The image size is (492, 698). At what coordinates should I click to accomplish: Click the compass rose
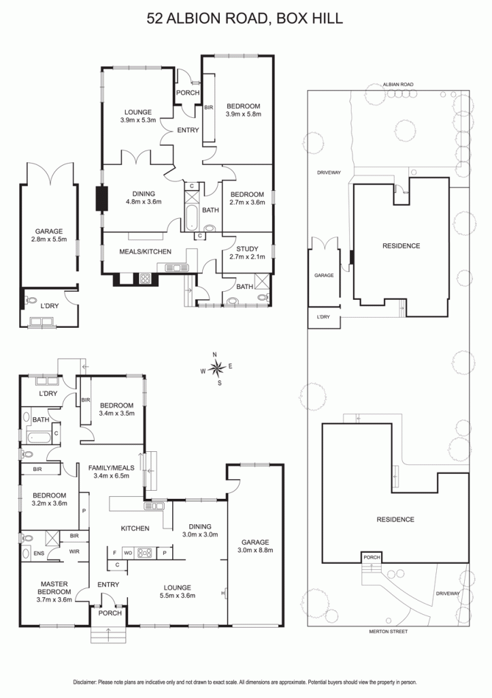click(216, 368)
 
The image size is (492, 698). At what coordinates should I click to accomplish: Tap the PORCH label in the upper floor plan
click(188, 93)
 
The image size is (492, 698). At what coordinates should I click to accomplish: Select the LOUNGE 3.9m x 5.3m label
click(138, 116)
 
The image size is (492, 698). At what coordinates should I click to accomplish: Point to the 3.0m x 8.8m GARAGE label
click(255, 546)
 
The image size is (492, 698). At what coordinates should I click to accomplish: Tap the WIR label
click(74, 551)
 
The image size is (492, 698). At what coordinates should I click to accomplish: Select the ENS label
click(39, 553)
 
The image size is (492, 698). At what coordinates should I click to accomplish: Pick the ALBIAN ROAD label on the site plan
click(398, 84)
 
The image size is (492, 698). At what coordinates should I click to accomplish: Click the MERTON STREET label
click(388, 631)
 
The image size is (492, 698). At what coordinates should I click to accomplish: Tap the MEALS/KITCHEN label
click(146, 252)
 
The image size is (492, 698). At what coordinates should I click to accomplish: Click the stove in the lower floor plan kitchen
click(145, 553)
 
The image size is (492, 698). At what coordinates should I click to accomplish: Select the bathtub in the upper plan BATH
click(191, 218)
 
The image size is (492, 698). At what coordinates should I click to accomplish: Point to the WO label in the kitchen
click(128, 553)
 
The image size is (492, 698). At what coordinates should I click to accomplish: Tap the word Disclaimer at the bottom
click(85, 682)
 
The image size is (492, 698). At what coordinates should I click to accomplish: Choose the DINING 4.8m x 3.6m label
click(144, 198)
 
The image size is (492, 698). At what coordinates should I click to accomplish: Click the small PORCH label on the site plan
click(372, 557)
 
